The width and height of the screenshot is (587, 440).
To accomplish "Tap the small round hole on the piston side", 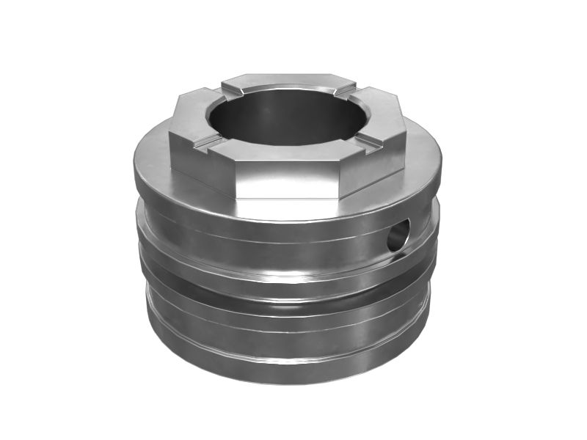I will click(x=397, y=236).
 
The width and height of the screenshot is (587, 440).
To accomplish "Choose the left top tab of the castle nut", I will click(x=189, y=114).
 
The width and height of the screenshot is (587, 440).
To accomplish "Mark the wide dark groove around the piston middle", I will click(x=286, y=290).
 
